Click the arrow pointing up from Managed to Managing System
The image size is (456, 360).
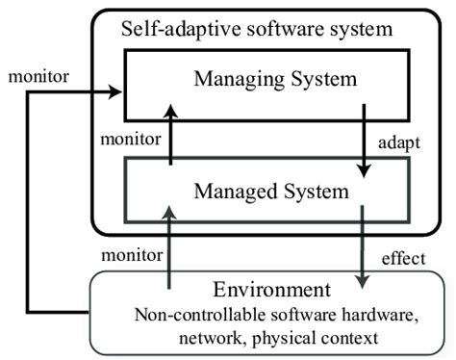pyautogui.click(x=170, y=135)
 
